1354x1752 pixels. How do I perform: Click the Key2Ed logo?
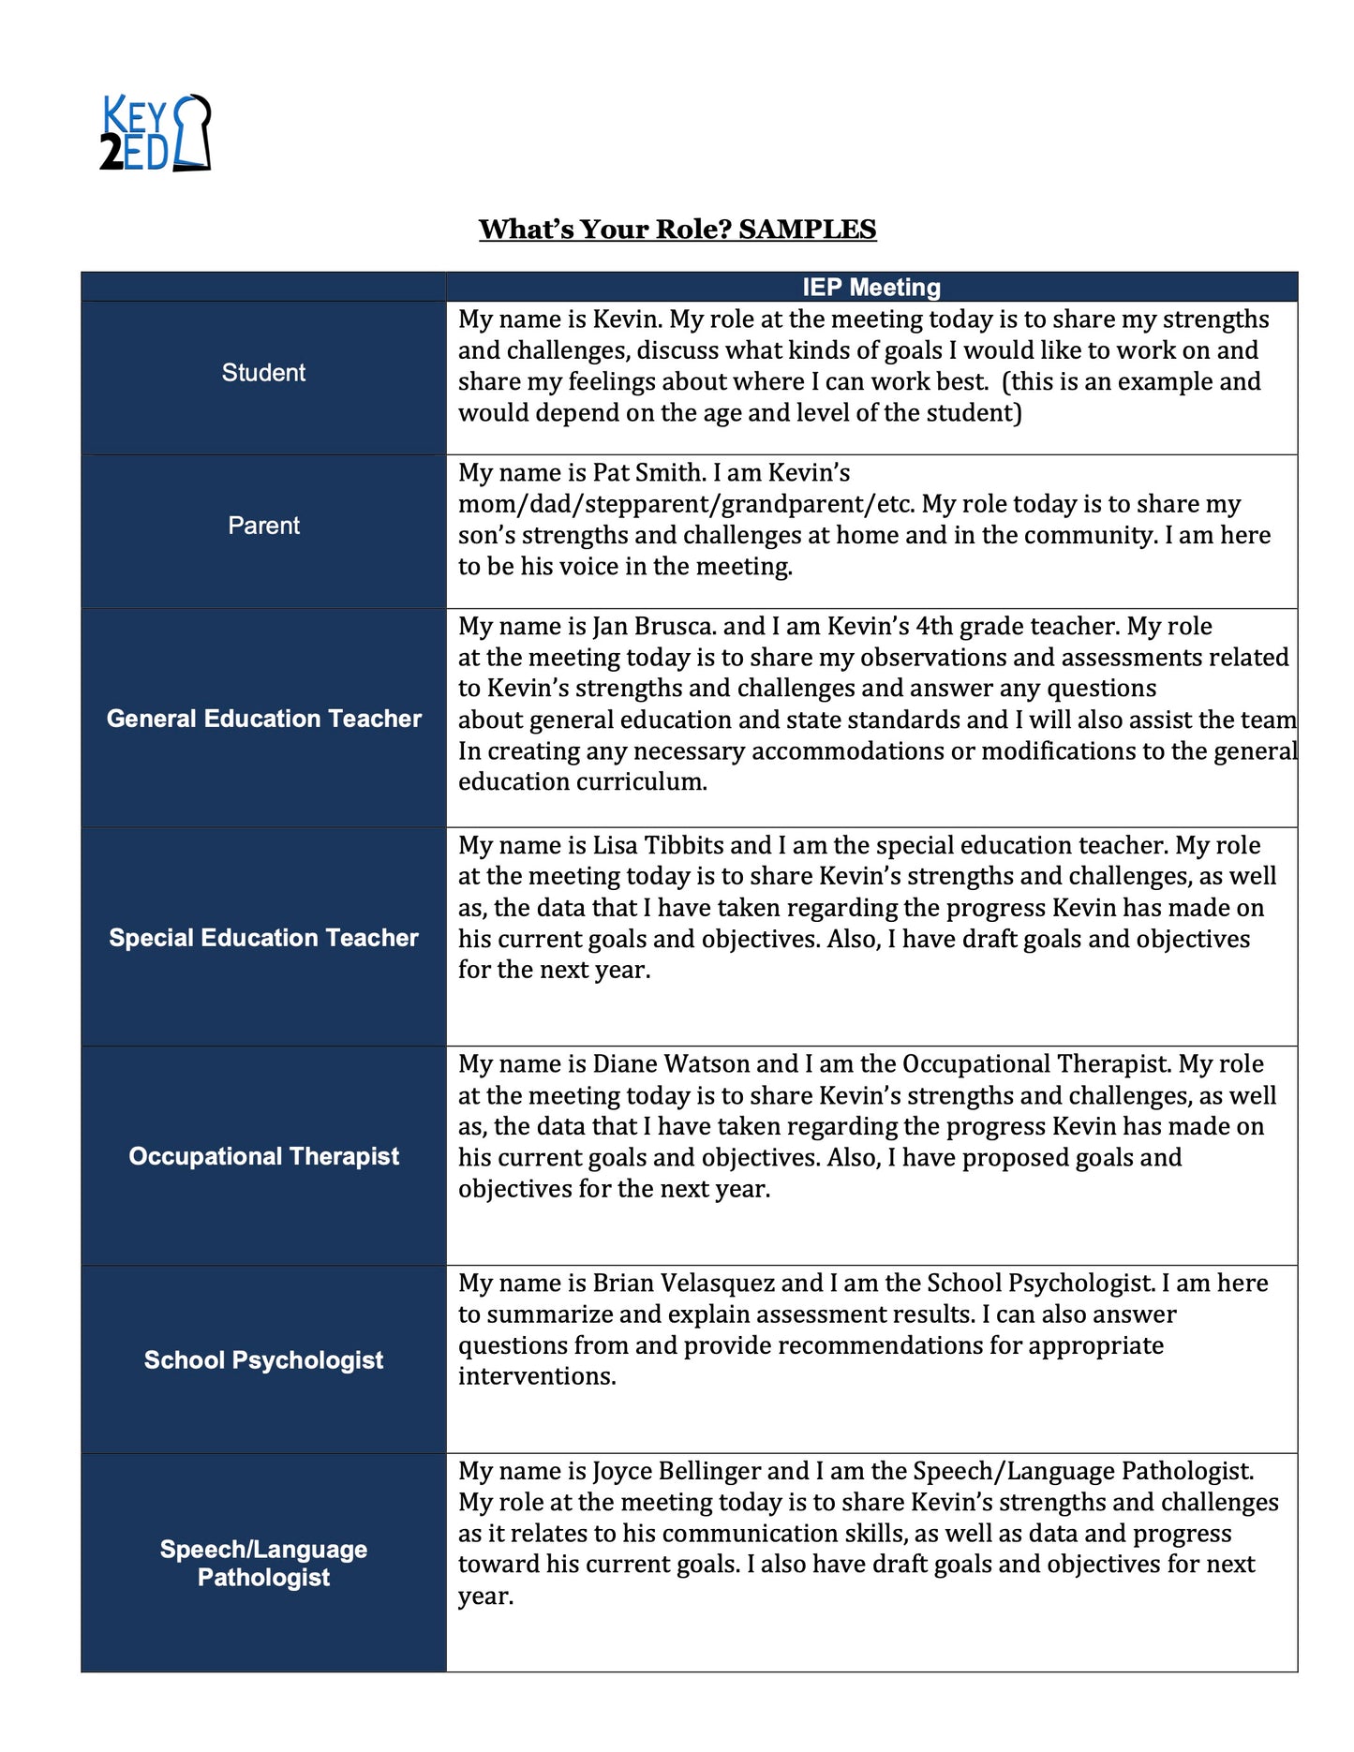pos(156,133)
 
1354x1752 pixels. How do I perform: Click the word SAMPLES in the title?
pos(807,230)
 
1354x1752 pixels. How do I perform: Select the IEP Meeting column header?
pos(871,287)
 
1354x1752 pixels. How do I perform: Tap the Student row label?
pos(263,373)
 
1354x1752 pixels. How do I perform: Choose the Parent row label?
pos(263,526)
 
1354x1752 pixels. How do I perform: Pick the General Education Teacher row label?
pos(263,719)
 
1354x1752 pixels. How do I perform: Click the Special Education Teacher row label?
pos(263,938)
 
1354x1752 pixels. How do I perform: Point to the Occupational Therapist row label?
pos(263,1156)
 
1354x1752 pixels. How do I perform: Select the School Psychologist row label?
pos(263,1360)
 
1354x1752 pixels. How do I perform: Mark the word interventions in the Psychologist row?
pos(536,1376)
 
